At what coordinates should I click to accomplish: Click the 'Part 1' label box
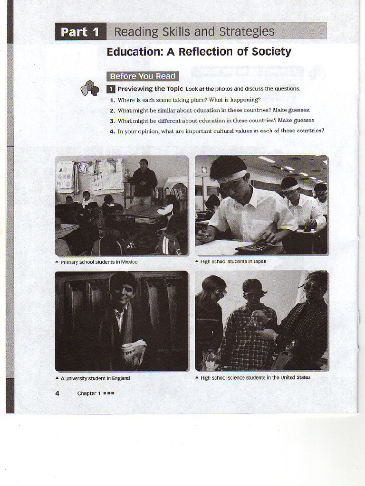click(x=80, y=32)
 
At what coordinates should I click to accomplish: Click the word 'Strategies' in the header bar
click(x=246, y=32)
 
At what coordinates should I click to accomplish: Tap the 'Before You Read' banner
click(x=143, y=76)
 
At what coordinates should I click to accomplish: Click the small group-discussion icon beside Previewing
click(x=89, y=88)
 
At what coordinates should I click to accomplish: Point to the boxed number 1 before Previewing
click(x=110, y=89)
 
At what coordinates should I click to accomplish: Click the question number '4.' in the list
click(x=113, y=131)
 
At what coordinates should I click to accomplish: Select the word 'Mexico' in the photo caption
click(x=128, y=262)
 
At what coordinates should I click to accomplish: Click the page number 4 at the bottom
click(x=57, y=393)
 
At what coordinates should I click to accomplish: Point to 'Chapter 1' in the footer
click(x=89, y=393)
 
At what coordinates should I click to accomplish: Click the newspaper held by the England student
click(x=133, y=351)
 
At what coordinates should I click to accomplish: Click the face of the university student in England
click(x=123, y=293)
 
